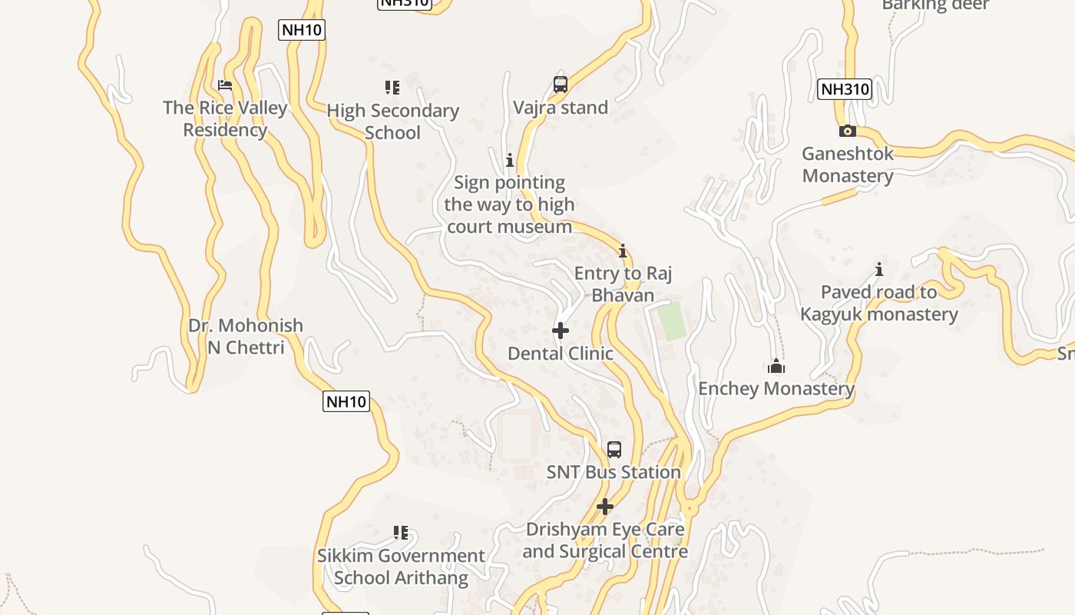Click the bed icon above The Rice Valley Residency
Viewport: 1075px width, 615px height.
click(225, 85)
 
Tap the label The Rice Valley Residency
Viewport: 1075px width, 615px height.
click(225, 118)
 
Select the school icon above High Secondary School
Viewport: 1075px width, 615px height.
click(392, 88)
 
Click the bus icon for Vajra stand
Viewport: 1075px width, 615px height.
click(561, 85)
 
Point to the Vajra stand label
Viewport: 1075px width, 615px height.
click(561, 108)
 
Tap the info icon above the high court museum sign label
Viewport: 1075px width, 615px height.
click(509, 160)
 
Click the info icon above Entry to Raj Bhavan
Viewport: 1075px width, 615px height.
click(623, 251)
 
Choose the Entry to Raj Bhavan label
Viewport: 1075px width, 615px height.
click(623, 284)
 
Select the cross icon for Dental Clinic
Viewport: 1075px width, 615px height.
click(561, 331)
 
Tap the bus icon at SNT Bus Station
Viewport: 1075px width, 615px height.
click(614, 450)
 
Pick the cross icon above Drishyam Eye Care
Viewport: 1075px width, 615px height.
click(605, 507)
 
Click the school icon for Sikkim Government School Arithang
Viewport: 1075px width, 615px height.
click(400, 533)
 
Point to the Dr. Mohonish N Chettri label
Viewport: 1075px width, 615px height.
click(246, 336)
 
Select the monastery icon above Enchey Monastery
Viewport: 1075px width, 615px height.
click(776, 366)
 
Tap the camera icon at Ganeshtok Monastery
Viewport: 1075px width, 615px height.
click(848, 131)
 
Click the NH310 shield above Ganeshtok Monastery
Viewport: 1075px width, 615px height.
click(845, 89)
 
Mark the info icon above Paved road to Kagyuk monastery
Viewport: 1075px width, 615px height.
click(879, 269)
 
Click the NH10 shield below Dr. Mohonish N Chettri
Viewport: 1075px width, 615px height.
click(346, 401)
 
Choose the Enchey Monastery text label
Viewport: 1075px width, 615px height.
click(776, 389)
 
